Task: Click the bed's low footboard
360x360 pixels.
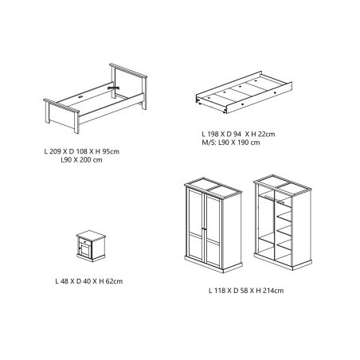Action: click(62, 115)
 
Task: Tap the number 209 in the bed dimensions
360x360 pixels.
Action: click(55, 151)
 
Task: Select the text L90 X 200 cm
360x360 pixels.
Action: click(81, 160)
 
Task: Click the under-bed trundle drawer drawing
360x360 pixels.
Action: click(245, 92)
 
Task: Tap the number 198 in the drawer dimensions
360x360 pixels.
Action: click(213, 134)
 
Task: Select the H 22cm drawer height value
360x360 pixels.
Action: click(264, 134)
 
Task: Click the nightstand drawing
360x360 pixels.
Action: click(91, 246)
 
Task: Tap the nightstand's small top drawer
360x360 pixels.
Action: click(84, 241)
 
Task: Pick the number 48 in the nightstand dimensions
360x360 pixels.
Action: click(65, 281)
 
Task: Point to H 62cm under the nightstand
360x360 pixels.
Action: click(111, 281)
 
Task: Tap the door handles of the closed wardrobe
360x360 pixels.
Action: click(204, 229)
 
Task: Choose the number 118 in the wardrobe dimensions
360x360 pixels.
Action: click(220, 291)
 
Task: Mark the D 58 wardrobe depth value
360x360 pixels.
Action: click(239, 291)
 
